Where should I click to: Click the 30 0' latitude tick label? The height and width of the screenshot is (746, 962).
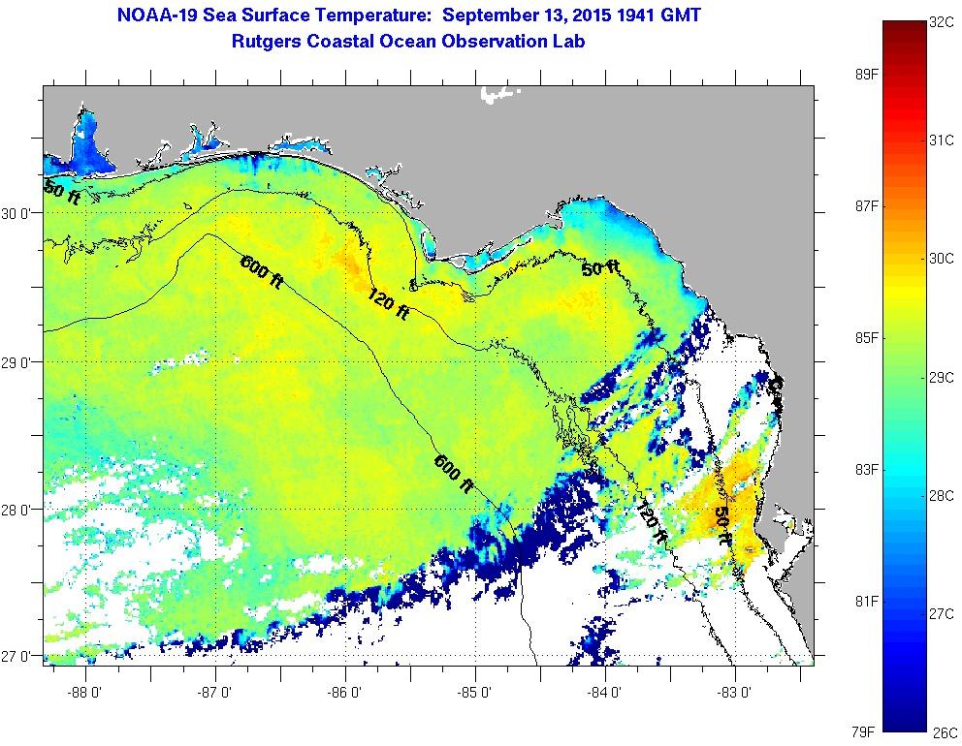(x=20, y=214)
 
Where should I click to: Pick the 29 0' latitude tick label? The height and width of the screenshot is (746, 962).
(x=20, y=362)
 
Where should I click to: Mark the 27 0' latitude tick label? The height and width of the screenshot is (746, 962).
(x=20, y=657)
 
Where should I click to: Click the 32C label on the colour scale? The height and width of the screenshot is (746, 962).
(x=942, y=22)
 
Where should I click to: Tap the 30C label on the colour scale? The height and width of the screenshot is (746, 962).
(x=942, y=259)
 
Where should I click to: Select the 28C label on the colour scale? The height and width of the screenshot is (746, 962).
(x=942, y=496)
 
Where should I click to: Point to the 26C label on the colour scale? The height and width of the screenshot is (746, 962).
(x=942, y=732)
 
